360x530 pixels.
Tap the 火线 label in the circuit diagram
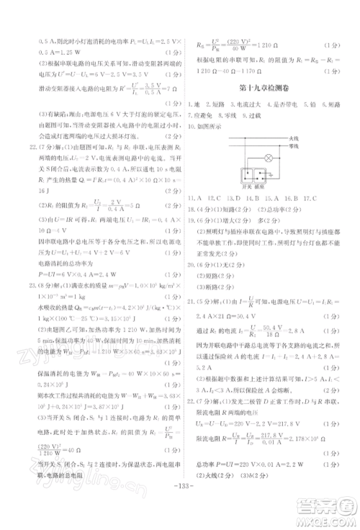[x=292, y=137]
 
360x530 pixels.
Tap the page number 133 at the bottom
[x=181, y=504]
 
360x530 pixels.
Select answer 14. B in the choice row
[x=252, y=197]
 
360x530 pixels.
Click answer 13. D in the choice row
[x=233, y=197]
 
